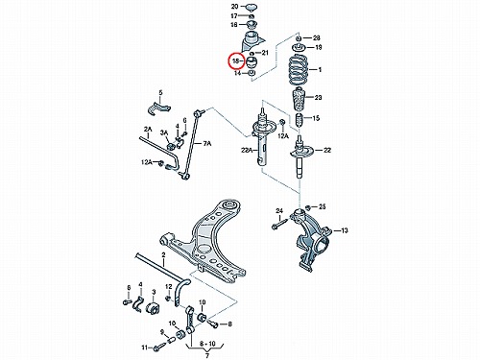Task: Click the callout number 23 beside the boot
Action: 318,97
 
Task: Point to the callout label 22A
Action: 247,150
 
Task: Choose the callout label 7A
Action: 207,144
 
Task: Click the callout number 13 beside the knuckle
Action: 345,230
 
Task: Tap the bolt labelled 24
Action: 279,223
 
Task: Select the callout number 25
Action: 322,206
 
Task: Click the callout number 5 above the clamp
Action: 160,92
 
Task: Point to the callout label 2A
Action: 148,130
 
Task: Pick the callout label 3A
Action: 164,132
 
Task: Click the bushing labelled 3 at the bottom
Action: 154,307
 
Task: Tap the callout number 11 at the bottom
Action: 145,348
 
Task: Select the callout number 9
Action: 162,331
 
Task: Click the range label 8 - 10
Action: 207,344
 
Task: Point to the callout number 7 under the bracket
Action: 206,355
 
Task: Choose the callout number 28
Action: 316,38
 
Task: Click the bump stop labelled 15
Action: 299,120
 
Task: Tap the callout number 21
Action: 265,53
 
